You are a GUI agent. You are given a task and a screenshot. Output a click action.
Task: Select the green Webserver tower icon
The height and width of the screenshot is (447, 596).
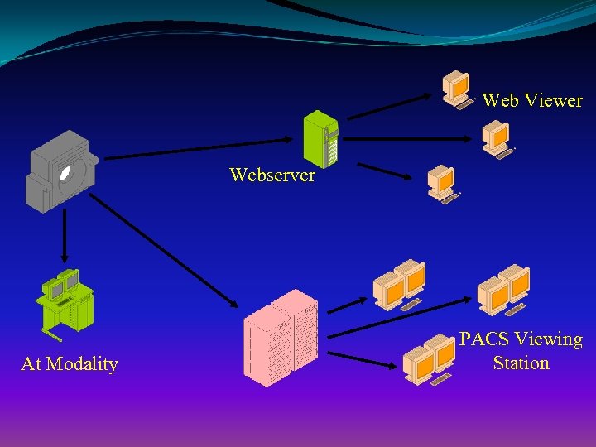(x=321, y=138)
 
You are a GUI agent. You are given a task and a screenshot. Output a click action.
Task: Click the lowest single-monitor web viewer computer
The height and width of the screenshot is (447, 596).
(x=442, y=184)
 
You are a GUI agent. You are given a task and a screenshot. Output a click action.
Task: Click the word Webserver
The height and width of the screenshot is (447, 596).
(x=272, y=175)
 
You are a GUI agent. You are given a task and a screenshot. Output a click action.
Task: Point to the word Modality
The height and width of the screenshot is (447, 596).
(x=82, y=364)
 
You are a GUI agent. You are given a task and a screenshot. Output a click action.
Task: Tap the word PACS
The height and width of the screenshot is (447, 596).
(x=484, y=339)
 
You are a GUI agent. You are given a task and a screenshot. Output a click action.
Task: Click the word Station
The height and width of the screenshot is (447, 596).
(x=521, y=363)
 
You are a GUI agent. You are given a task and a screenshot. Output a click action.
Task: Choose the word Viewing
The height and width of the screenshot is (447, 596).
(x=548, y=339)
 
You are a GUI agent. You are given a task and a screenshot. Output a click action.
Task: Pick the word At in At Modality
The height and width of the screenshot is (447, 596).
(x=31, y=364)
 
